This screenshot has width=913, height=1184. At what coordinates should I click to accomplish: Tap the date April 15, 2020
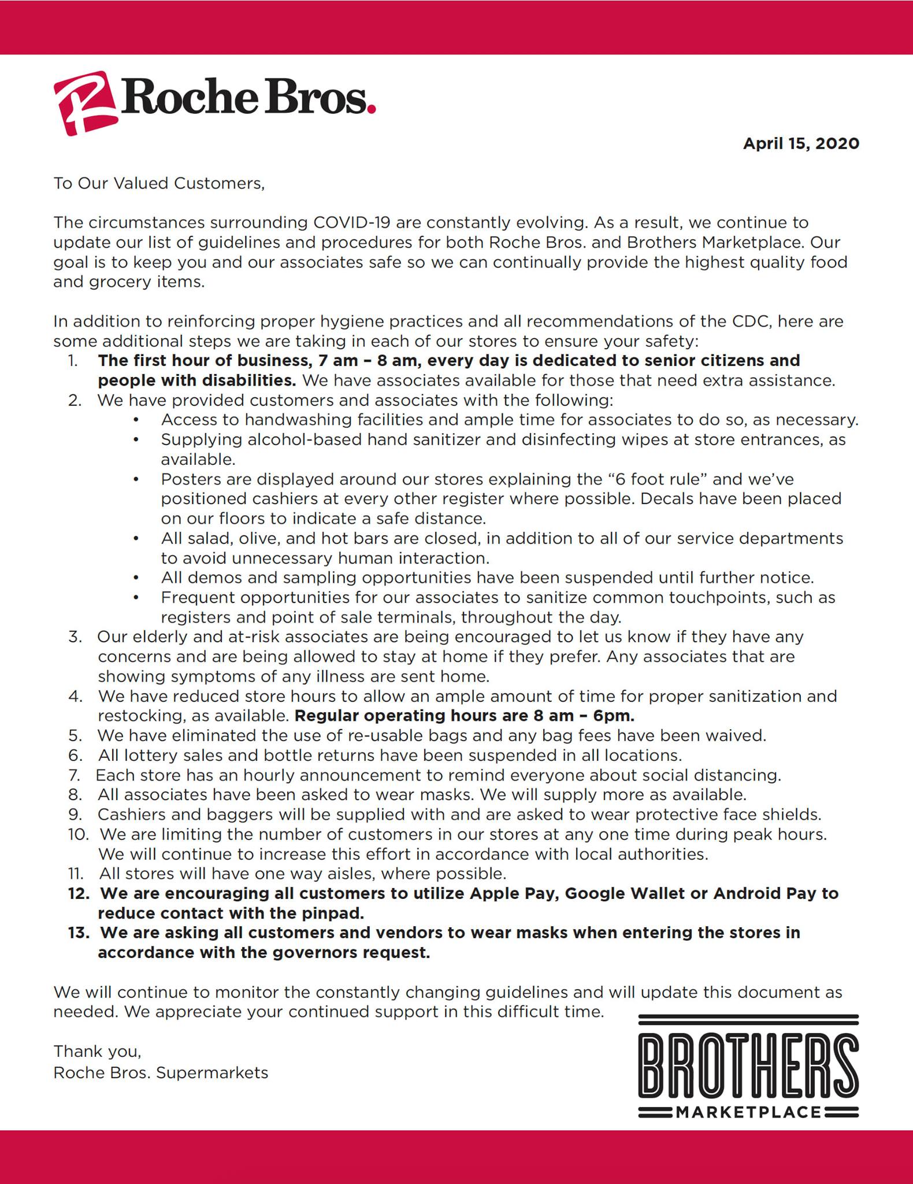click(x=801, y=143)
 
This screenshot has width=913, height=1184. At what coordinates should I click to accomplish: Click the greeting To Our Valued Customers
click(x=159, y=183)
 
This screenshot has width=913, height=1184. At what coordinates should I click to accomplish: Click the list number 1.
click(x=73, y=361)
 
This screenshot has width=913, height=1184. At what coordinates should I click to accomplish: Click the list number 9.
click(x=75, y=815)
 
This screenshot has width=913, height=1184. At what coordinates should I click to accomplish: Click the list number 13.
click(x=79, y=933)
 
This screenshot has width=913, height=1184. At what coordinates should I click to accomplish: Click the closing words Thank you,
click(x=97, y=1051)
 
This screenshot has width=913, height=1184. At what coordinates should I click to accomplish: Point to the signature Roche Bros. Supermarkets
click(x=161, y=1073)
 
